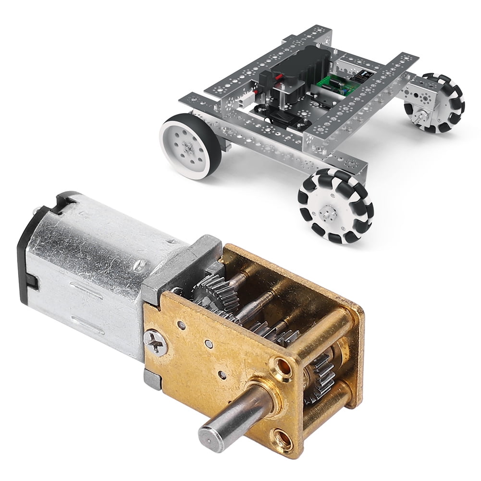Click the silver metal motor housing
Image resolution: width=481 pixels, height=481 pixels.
tap(91, 274)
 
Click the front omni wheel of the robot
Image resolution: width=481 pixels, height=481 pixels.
tap(335, 202)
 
